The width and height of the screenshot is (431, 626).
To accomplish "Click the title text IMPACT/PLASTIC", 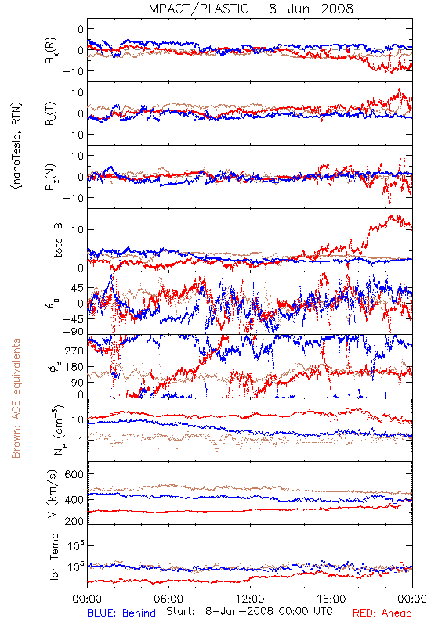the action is coord(197,9).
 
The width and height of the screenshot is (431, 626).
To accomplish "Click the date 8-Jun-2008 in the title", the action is coord(311,9).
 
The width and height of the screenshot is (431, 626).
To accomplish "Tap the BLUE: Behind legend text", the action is coord(121,613).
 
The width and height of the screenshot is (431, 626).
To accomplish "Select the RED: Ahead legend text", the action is coord(382,613).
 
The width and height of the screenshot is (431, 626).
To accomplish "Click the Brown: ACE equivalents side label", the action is coord(16,398).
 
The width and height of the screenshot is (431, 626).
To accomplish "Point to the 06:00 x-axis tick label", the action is coord(168,599).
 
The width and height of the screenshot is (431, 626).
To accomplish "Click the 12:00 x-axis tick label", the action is coord(250,599).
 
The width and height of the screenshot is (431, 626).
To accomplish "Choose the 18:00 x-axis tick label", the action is coord(331,599).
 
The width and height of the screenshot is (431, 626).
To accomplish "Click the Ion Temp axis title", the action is coord(54,556).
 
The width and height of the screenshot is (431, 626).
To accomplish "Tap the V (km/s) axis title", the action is coord(53,494).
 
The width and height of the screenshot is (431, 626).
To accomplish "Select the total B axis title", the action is coord(57,240).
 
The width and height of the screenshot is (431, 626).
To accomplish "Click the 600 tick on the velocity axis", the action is coord(74,474).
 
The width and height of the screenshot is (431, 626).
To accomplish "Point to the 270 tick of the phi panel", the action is coord(74,351).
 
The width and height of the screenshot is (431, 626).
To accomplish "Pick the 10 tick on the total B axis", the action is coord(78,230).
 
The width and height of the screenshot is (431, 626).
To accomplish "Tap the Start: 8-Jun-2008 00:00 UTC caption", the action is coord(249,612).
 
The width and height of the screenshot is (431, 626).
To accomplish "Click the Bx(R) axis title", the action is coord(51,51).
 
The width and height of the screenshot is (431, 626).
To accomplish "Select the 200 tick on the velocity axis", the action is coord(74,521).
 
